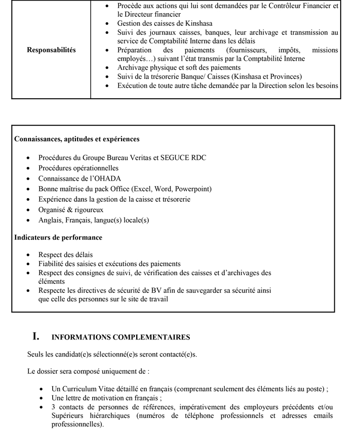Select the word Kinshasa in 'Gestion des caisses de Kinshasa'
pyautogui.click(x=198, y=23)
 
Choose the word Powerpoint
pyautogui.click(x=192, y=189)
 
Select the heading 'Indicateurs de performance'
pyautogui.click(x=58, y=237)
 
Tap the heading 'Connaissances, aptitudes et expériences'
pyautogui.click(x=77, y=139)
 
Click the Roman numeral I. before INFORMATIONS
pyautogui.click(x=36, y=336)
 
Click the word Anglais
pyautogui.click(x=50, y=220)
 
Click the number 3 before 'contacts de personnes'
pyautogui.click(x=54, y=407)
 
